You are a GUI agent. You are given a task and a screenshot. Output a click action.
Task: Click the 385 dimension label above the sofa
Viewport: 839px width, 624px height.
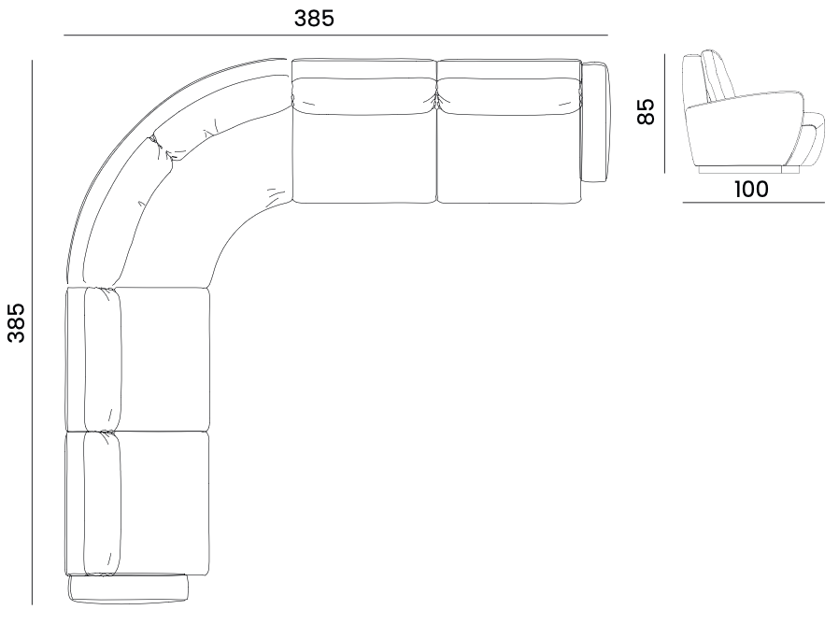(x=314, y=18)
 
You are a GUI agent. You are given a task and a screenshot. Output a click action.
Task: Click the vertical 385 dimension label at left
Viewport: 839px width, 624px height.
(x=17, y=322)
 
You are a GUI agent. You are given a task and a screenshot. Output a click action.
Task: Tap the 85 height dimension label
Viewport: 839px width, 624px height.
(x=646, y=111)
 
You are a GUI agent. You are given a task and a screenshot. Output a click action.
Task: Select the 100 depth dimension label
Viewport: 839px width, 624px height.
(x=751, y=189)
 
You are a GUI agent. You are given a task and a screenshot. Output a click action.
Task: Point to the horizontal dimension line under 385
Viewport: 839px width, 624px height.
(x=335, y=35)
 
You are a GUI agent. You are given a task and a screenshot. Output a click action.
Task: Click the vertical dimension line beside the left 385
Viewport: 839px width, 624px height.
(x=32, y=333)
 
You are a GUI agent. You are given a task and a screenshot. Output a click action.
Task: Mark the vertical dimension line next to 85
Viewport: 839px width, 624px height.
(x=664, y=113)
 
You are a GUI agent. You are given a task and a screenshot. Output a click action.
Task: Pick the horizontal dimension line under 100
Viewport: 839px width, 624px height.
(x=753, y=203)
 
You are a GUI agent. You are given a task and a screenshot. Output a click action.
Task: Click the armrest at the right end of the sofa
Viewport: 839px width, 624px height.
(x=594, y=122)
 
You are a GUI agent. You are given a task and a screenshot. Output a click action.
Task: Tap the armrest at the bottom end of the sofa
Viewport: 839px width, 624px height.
(x=128, y=588)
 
